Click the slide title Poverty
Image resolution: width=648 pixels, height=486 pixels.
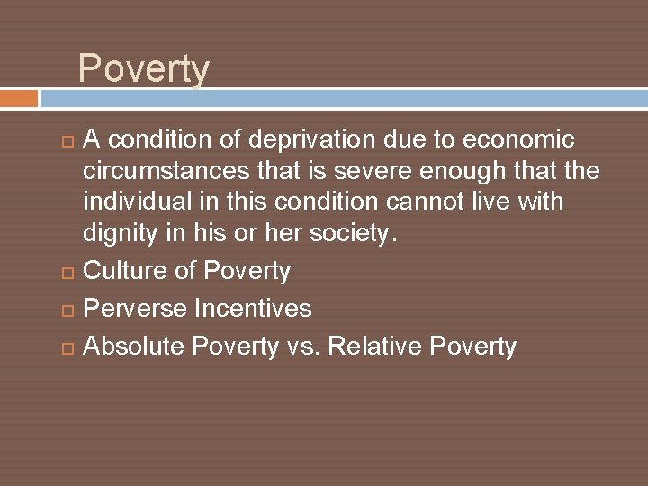click(x=144, y=69)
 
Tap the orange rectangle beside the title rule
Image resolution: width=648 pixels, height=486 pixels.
click(x=19, y=98)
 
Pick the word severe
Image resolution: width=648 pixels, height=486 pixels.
click(x=365, y=171)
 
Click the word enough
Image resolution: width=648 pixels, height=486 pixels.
click(x=456, y=171)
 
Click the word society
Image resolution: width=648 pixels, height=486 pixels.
click(x=354, y=233)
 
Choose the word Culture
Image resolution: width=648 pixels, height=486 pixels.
click(x=125, y=271)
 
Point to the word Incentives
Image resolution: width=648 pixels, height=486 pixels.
click(x=252, y=309)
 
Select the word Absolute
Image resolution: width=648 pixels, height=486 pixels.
click(x=135, y=346)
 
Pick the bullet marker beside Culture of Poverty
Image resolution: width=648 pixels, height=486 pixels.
click(x=68, y=272)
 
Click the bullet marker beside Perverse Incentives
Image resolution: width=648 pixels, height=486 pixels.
click(x=68, y=310)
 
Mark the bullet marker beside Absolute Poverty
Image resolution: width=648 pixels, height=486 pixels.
click(x=68, y=347)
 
